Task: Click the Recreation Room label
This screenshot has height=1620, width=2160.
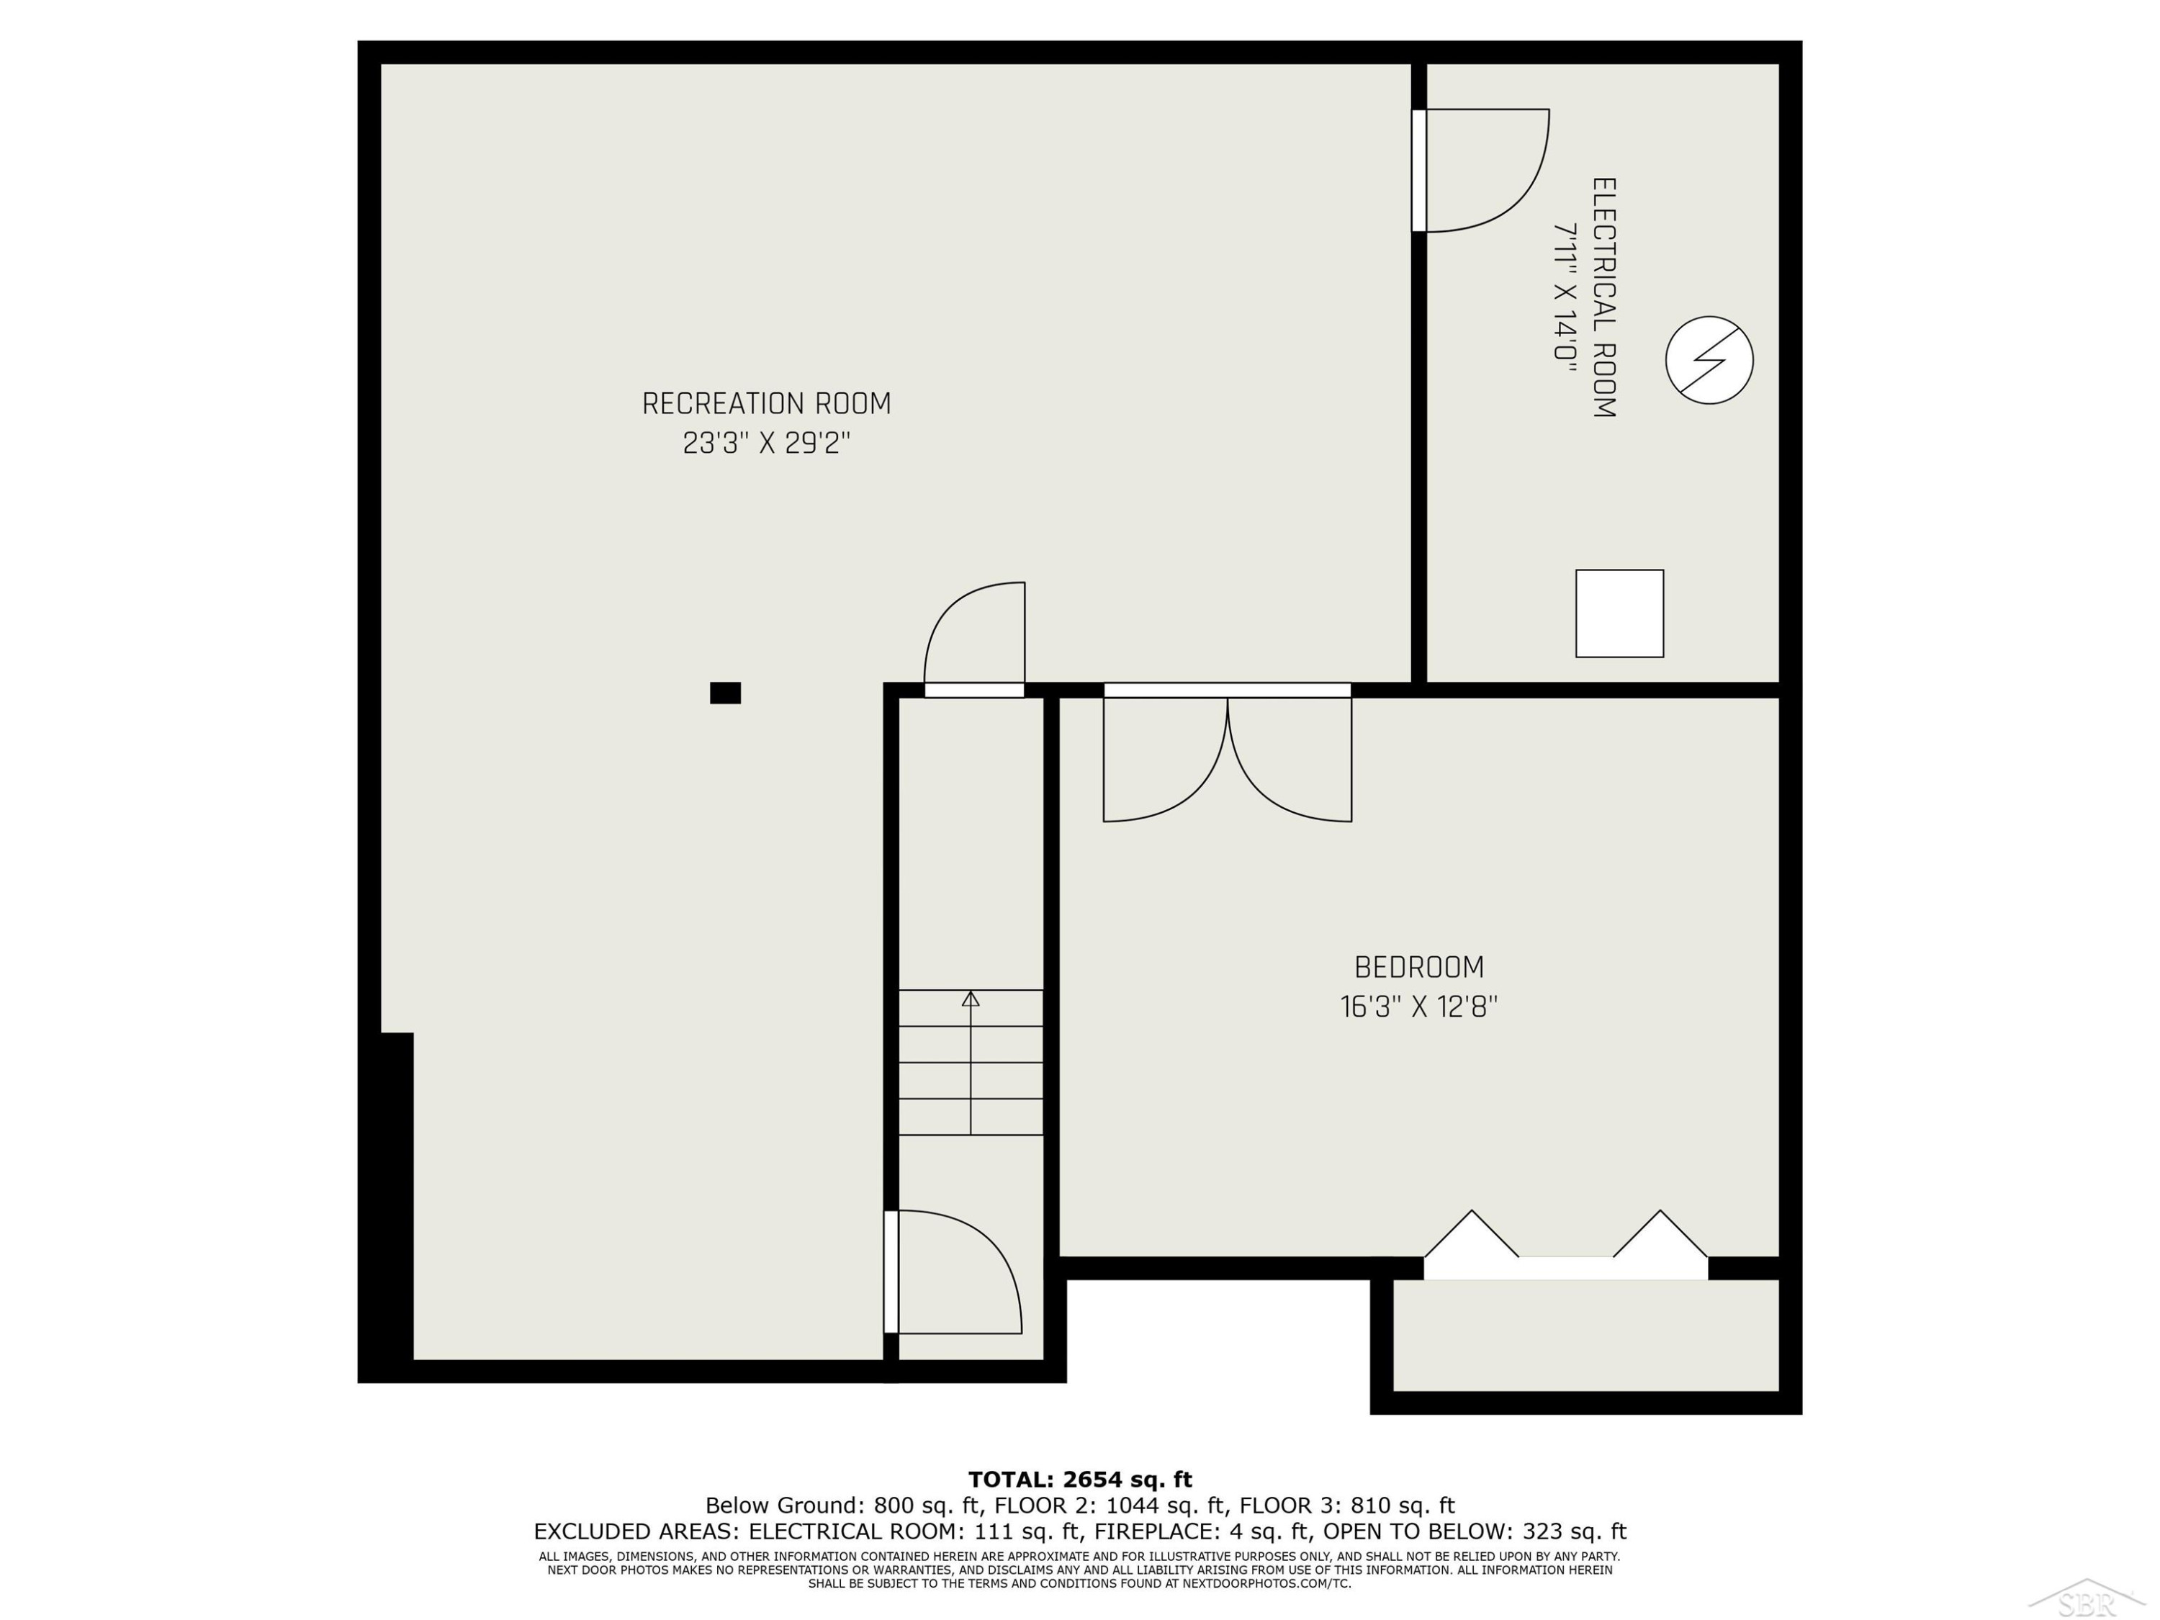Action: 767,403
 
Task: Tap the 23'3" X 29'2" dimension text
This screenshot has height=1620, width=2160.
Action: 767,444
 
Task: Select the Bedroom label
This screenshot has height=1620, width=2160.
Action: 1419,967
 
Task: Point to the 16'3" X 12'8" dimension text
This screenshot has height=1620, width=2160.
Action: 1419,1007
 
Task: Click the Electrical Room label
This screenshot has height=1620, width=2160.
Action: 1604,298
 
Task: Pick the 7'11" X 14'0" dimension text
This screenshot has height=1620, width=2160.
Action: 1565,292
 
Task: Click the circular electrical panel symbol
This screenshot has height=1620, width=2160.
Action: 1709,360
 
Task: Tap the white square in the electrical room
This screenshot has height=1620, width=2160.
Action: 1619,613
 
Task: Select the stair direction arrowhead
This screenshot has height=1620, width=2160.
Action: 971,998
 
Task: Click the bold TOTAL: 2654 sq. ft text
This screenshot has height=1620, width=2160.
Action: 1080,1480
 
